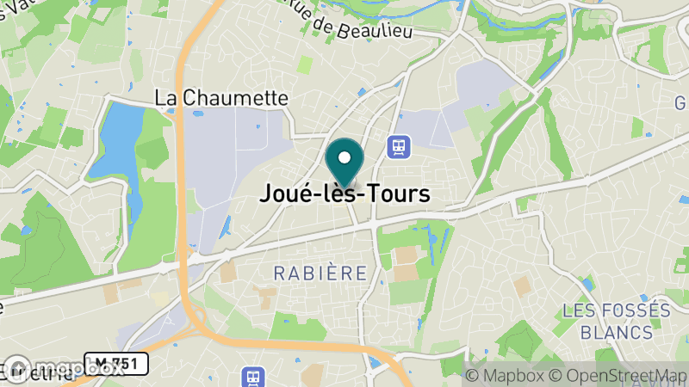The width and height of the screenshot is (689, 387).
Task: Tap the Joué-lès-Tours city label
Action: tap(344, 194)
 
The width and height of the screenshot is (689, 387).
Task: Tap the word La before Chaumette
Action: tap(165, 98)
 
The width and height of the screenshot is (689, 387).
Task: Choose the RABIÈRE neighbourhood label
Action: tap(320, 273)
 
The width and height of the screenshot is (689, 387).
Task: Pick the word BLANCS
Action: tap(616, 332)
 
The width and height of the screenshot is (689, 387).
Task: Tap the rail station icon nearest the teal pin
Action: tap(398, 146)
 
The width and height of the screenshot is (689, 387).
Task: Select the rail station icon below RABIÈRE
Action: tap(253, 377)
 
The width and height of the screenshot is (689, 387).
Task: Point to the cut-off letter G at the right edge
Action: tap(682, 103)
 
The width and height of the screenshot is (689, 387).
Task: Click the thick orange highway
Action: tap(183, 172)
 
